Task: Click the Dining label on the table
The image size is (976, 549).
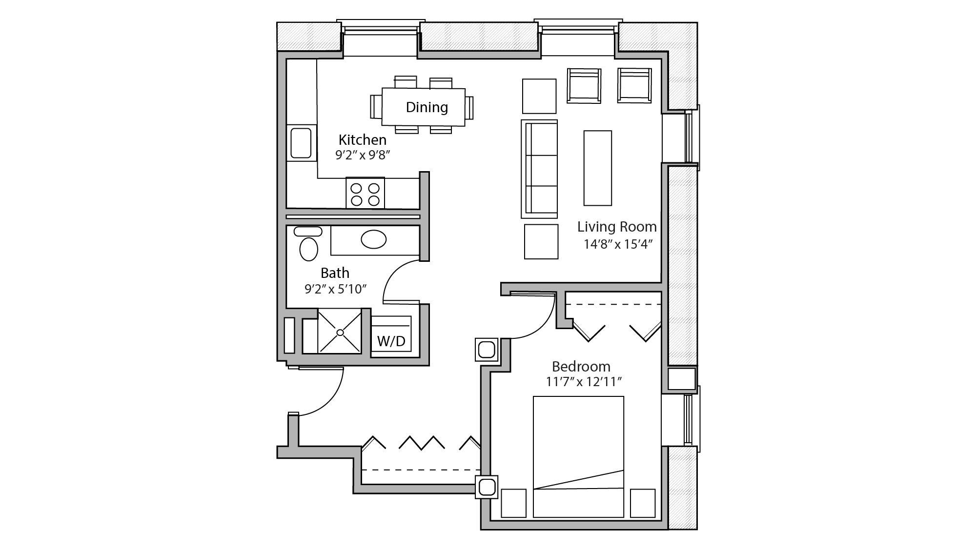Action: [x=427, y=107]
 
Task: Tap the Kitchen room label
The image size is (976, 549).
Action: [x=362, y=140]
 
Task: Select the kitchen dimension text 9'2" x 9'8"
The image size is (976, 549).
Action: [x=363, y=156]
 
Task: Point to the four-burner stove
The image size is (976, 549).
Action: [x=365, y=194]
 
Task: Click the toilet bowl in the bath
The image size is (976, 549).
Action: [x=308, y=249]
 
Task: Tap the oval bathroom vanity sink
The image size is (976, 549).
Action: [x=373, y=239]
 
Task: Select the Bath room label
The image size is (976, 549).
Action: [x=335, y=273]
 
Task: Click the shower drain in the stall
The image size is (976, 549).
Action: [x=340, y=333]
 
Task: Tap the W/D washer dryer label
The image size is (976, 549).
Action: [x=391, y=341]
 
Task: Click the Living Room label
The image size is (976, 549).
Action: [x=616, y=227]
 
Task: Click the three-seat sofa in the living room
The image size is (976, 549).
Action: [x=540, y=169]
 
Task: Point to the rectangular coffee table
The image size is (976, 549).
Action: [x=597, y=168]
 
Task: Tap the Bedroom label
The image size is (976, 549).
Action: [x=581, y=366]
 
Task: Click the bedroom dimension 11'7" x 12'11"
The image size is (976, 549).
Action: [x=583, y=382]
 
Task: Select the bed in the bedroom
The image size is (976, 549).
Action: [x=578, y=439]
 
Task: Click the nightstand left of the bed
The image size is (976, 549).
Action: [x=513, y=503]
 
